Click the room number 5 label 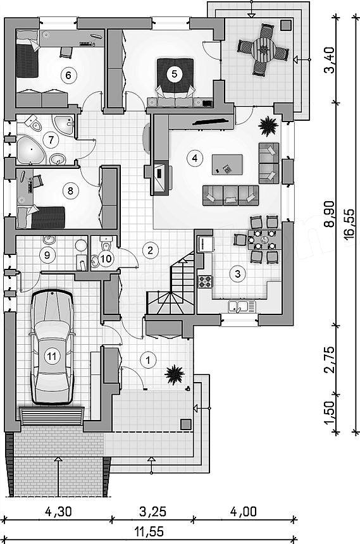(174, 73)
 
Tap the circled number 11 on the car (52, 356)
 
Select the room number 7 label (51, 140)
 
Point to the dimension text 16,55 (349, 224)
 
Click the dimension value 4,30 (58, 511)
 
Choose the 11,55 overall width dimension (150, 531)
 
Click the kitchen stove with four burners (205, 281)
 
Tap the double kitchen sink (242, 306)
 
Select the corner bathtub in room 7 (30, 149)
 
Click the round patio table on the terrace (264, 49)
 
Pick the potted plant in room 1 (174, 374)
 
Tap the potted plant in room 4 (268, 124)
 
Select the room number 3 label (238, 273)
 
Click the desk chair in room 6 (66, 52)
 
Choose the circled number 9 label (47, 255)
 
